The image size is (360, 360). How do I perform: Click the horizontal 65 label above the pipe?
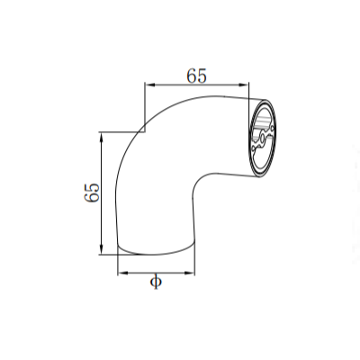(x=196, y=76)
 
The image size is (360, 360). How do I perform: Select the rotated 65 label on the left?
(x=91, y=193)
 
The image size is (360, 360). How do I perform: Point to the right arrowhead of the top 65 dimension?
(x=244, y=86)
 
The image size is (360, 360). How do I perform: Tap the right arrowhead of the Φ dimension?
(x=192, y=273)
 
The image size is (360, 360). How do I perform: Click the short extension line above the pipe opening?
(x=249, y=91)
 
